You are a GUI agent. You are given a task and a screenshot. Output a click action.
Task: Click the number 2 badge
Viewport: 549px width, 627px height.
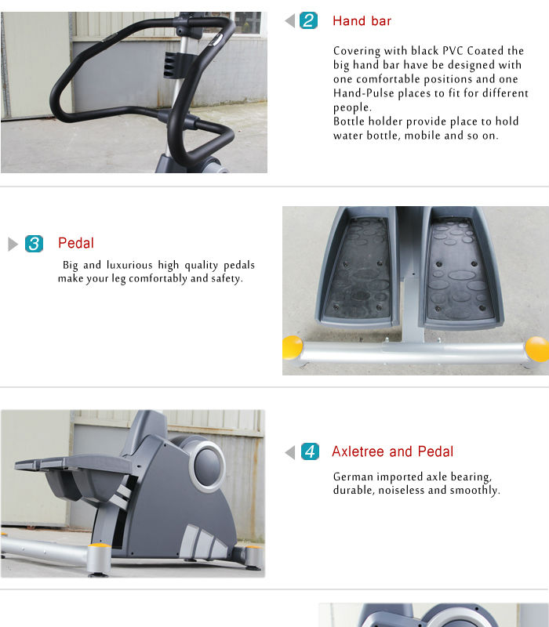(309, 21)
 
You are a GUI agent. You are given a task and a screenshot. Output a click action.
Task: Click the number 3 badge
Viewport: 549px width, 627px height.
(34, 244)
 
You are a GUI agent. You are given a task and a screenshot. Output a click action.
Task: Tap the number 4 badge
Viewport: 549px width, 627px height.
(310, 452)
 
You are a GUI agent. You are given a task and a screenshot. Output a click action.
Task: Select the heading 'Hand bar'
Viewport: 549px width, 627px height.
(362, 21)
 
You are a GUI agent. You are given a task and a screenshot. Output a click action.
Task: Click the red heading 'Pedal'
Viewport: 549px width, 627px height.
(75, 244)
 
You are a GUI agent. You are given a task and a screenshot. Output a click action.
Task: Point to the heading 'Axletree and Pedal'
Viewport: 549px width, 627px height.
(392, 451)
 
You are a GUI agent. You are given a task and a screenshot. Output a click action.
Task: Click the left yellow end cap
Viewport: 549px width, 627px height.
(293, 347)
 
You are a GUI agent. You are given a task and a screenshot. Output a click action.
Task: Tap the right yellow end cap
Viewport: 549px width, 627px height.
(537, 348)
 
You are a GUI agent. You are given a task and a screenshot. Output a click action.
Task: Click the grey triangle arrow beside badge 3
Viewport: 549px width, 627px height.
(13, 244)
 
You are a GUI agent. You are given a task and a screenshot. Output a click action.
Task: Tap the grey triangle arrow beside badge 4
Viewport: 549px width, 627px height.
(289, 452)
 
